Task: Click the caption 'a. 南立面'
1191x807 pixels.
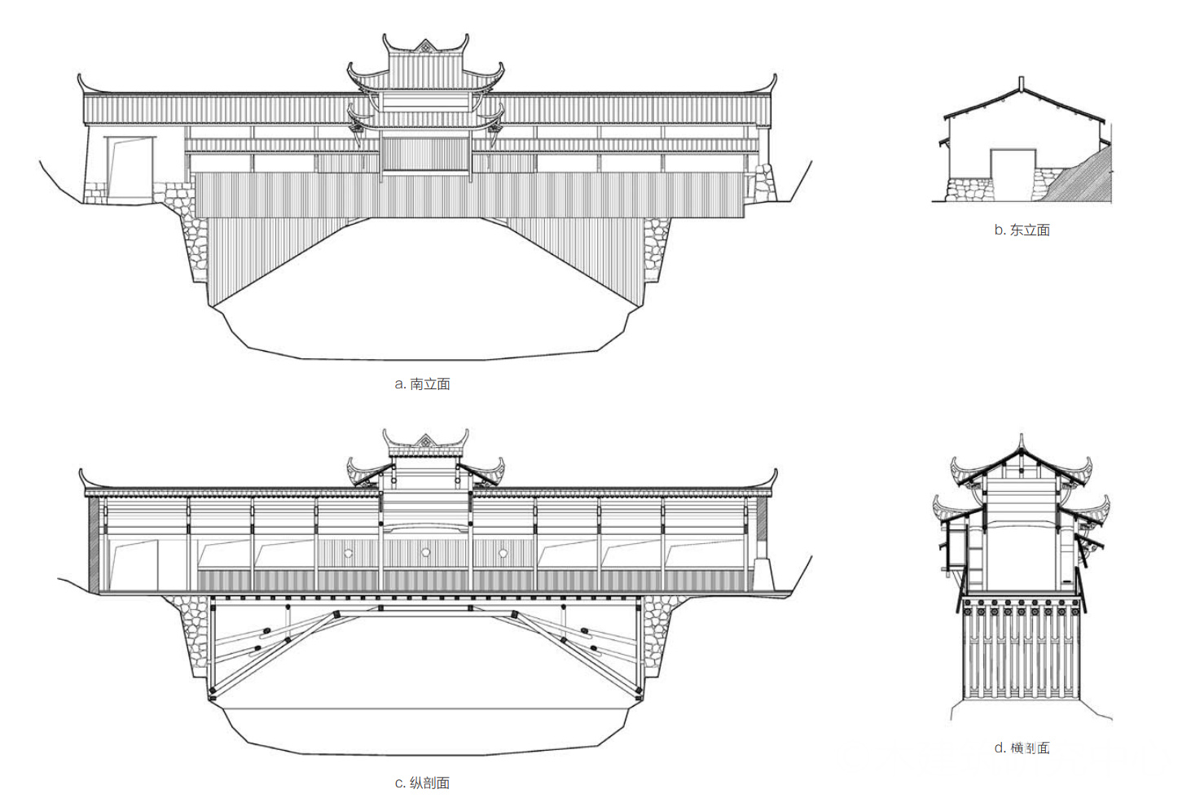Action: coord(422,384)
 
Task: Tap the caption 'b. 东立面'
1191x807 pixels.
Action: coord(1022,230)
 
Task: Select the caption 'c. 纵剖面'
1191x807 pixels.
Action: coord(422,783)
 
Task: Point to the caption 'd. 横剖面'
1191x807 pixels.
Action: coord(1022,748)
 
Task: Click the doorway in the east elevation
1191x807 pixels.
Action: coord(1013,174)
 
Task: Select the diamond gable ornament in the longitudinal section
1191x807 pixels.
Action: coord(425,441)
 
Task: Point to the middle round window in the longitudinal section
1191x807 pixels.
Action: coord(425,553)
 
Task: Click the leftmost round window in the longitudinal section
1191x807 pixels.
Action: coord(348,554)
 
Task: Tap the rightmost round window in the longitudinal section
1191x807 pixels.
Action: coord(503,554)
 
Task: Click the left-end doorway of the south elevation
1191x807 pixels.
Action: coord(130,169)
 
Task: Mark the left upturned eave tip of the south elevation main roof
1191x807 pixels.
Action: coord(81,79)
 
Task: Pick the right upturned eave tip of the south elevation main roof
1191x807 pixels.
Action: coord(773,79)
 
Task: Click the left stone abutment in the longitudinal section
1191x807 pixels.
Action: coord(192,631)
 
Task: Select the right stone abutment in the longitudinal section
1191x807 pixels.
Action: coord(657,631)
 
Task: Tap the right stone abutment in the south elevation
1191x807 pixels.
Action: coord(657,248)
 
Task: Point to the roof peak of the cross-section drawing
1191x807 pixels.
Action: coord(1021,440)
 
